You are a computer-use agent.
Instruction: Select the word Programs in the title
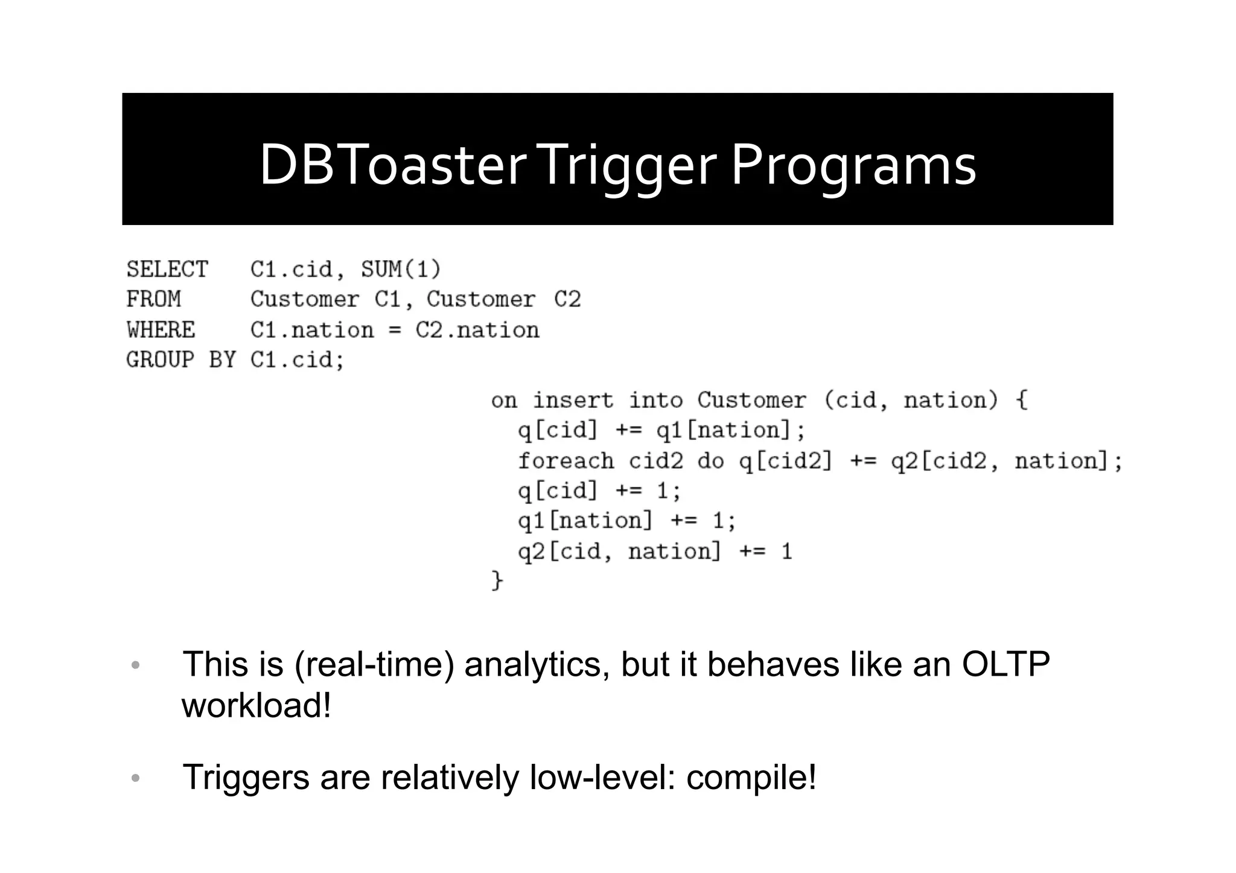pos(853,165)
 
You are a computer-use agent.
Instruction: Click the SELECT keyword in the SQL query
pos(167,269)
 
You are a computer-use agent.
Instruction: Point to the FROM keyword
pos(153,299)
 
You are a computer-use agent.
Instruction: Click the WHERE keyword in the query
pos(161,330)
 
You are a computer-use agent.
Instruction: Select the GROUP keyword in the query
pos(161,360)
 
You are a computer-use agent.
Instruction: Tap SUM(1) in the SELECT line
pos(401,269)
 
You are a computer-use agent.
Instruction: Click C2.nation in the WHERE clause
pos(477,330)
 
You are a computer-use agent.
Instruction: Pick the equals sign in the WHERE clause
pos(395,331)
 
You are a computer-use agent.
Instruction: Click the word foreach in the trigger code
pos(566,461)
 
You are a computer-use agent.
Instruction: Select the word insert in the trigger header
pos(573,400)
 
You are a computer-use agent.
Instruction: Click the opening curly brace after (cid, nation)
pos(1022,400)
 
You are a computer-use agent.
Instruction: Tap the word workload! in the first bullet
pos(256,705)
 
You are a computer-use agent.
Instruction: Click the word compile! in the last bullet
pos(751,777)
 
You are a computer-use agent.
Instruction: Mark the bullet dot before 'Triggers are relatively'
pos(135,778)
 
